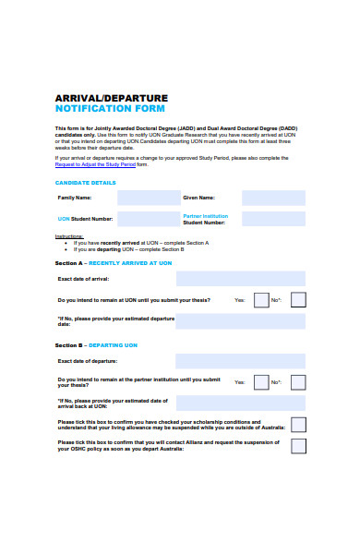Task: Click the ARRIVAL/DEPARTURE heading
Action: (x=112, y=97)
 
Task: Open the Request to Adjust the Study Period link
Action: (x=94, y=164)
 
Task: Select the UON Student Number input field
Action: (x=149, y=219)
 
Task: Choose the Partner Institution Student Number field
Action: (x=273, y=219)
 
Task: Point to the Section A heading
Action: (x=114, y=263)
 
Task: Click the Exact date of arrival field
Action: (x=240, y=279)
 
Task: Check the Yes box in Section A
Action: (x=261, y=300)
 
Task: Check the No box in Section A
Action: (x=298, y=300)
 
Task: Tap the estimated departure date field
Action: (x=240, y=321)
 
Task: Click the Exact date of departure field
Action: (x=240, y=361)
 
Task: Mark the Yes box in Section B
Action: (x=261, y=381)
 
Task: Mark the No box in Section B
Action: (x=298, y=381)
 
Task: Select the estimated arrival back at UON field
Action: (x=240, y=403)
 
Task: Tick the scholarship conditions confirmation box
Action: (x=298, y=425)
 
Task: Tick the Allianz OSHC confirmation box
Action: (x=298, y=446)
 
